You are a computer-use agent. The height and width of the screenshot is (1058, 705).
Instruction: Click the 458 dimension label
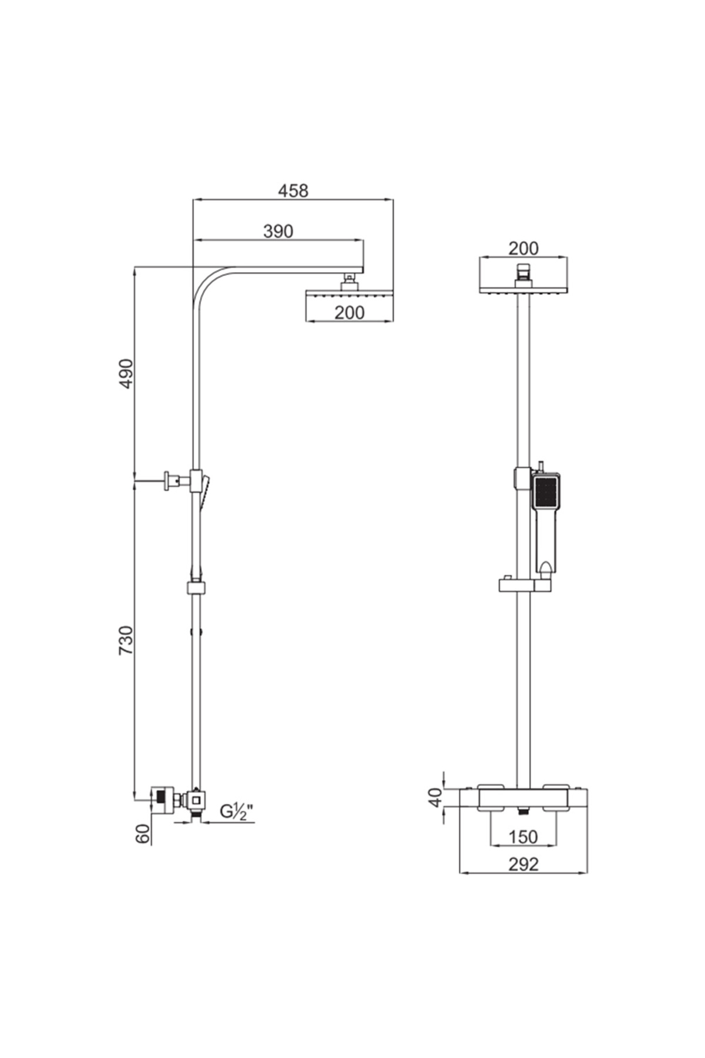click(293, 190)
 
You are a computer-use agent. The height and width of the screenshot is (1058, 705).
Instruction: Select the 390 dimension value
click(278, 231)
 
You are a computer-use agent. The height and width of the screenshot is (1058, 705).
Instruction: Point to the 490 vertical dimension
click(127, 373)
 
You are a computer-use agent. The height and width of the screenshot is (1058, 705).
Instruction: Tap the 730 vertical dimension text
click(127, 640)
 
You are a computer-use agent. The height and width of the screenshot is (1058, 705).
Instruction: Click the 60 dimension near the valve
click(143, 833)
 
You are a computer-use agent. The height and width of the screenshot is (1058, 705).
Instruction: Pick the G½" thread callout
click(237, 812)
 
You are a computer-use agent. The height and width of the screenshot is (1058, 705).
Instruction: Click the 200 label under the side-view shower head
click(350, 312)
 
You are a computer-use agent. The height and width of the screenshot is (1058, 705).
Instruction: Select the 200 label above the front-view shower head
click(523, 248)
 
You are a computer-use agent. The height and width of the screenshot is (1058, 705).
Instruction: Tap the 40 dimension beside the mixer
click(435, 797)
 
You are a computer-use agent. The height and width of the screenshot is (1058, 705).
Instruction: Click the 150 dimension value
click(523, 836)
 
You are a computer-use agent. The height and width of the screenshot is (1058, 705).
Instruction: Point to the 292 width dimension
click(523, 863)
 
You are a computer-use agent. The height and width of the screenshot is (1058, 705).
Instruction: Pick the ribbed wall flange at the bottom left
click(160, 799)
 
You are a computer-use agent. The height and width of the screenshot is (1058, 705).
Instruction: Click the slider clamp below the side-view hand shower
click(196, 588)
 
